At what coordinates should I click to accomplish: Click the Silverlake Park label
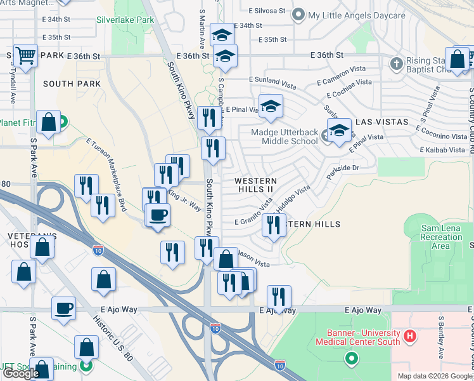pos(125,20)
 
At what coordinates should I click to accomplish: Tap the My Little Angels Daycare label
pos(356,15)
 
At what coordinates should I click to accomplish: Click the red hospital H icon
pos(410,335)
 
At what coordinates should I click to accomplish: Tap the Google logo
pos(21,373)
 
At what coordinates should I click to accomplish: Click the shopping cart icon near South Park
pos(25,55)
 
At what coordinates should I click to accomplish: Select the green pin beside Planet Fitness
pos(64,120)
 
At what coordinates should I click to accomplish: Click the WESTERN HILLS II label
pos(255,185)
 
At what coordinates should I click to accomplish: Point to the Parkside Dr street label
pos(342,168)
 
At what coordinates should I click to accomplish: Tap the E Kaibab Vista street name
pos(442,150)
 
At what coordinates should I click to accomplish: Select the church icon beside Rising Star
pos(397,63)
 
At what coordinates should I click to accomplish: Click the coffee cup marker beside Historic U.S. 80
pos(63,309)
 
